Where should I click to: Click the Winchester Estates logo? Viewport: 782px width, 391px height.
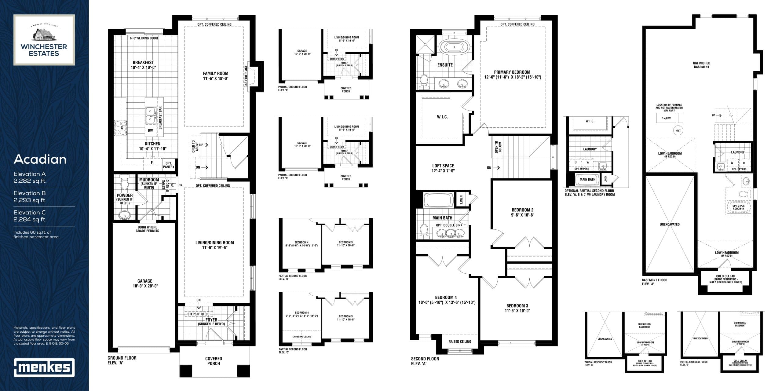44,40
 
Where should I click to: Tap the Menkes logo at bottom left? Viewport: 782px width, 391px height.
44,367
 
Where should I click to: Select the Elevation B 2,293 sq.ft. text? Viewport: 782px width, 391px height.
30,197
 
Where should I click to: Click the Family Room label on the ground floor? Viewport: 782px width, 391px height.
216,76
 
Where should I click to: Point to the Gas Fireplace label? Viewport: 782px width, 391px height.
246,76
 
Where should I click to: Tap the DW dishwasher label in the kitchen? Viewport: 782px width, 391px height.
150,130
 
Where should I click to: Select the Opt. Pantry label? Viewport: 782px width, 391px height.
169,165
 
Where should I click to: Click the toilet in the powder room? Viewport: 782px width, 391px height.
125,183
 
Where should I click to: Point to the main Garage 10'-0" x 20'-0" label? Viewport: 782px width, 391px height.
144,283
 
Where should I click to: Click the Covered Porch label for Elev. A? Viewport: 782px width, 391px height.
214,361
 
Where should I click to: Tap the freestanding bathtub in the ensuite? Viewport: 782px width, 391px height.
454,47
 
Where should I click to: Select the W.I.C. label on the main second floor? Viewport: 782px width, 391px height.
442,117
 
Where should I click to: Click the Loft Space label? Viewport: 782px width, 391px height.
443,168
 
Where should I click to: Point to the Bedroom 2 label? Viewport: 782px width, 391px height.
522,212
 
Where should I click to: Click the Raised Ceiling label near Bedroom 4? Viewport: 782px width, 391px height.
460,342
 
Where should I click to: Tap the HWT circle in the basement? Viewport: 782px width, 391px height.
678,131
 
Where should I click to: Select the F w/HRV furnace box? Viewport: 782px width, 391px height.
666,118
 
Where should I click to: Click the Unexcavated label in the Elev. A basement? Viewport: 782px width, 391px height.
670,225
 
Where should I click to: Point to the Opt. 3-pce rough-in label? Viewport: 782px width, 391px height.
738,207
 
